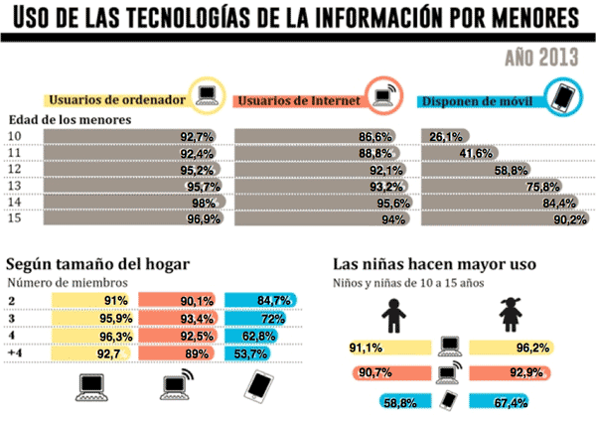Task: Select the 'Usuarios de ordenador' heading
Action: (x=116, y=99)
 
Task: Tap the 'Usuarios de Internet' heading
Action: (x=298, y=100)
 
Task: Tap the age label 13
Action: (x=16, y=185)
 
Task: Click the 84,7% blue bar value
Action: (x=265, y=300)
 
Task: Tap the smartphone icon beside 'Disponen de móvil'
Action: (x=563, y=96)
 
